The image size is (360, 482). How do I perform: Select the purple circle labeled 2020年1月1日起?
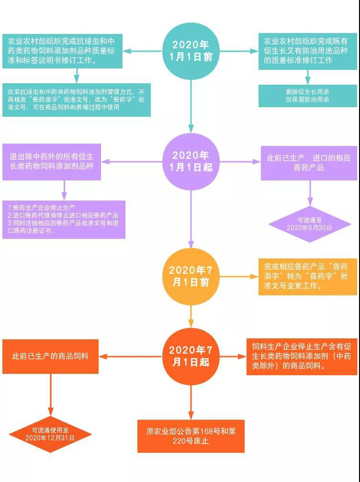(191, 161)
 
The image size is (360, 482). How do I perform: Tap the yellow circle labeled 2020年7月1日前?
(191, 276)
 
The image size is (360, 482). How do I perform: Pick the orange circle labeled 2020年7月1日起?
(191, 356)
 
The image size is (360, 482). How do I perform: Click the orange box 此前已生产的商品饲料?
(50, 356)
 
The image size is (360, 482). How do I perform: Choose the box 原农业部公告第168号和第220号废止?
(191, 436)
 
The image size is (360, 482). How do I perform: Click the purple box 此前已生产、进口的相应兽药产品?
(308, 163)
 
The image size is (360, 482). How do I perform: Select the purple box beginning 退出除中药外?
(52, 162)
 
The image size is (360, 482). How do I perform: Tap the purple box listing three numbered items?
(64, 219)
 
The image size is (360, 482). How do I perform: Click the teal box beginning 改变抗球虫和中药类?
(77, 100)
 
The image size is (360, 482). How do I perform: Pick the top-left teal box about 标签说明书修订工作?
(62, 51)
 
